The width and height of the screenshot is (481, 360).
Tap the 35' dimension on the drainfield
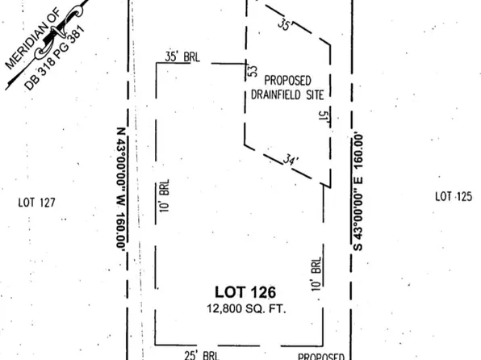(x=282, y=26)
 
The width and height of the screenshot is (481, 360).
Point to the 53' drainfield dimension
(x=252, y=72)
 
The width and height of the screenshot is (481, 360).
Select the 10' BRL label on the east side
(x=317, y=274)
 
